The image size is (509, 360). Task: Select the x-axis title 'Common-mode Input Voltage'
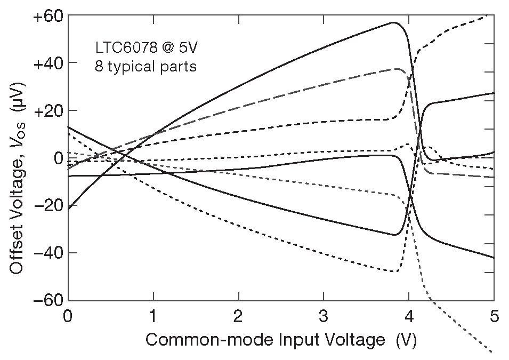264,340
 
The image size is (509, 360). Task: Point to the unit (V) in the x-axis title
406,340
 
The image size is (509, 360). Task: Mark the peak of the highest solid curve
394,22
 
